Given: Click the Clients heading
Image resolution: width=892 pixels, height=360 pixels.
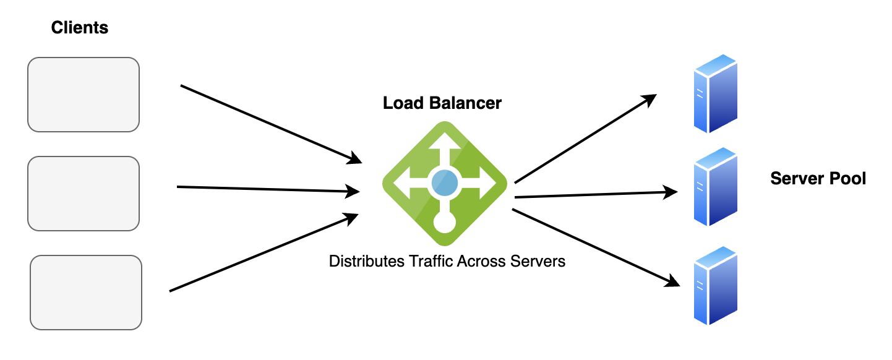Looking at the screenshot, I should click(x=80, y=28).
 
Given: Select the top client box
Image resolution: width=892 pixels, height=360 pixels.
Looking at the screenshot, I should click(x=84, y=95).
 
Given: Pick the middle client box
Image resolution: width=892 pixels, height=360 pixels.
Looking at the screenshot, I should click(x=84, y=194).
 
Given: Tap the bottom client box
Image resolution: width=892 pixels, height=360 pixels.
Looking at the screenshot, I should click(x=86, y=293).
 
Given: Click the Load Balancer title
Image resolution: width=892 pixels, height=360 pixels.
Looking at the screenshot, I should click(x=442, y=103).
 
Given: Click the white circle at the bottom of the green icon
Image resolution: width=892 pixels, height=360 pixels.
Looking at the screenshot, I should click(x=444, y=221).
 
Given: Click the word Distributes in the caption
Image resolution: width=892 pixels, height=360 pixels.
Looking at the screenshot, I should click(x=366, y=262).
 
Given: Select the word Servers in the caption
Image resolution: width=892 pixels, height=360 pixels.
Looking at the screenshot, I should click(x=538, y=262).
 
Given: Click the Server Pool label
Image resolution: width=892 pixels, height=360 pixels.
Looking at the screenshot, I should click(x=818, y=179).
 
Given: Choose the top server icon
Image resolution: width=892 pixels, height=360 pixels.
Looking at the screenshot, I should click(x=715, y=94).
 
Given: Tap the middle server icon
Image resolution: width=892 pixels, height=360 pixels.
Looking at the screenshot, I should click(x=715, y=187).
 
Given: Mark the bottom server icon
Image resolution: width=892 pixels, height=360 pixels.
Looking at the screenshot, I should click(x=715, y=285).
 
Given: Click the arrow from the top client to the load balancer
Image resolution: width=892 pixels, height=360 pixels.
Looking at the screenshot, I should click(x=271, y=124).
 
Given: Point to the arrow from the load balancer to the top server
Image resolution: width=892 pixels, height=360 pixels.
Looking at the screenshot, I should click(x=585, y=139).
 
